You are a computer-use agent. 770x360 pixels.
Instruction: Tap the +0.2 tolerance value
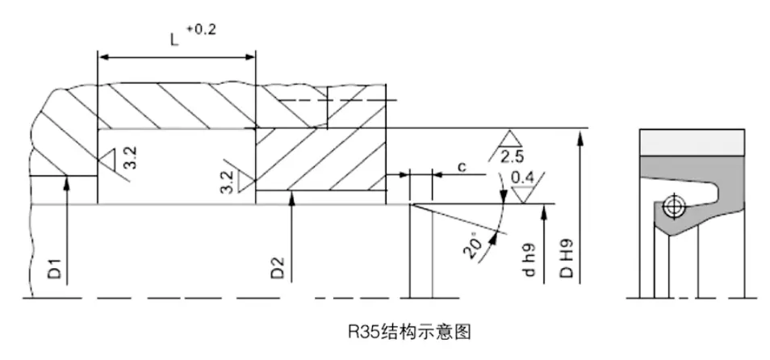tap(202, 29)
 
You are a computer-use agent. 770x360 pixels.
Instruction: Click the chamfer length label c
tap(462, 166)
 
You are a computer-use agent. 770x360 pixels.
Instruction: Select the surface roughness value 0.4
tap(523, 178)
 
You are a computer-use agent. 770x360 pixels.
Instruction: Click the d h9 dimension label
tap(529, 260)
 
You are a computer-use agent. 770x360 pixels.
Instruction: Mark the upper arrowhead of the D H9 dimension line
tap(578, 134)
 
